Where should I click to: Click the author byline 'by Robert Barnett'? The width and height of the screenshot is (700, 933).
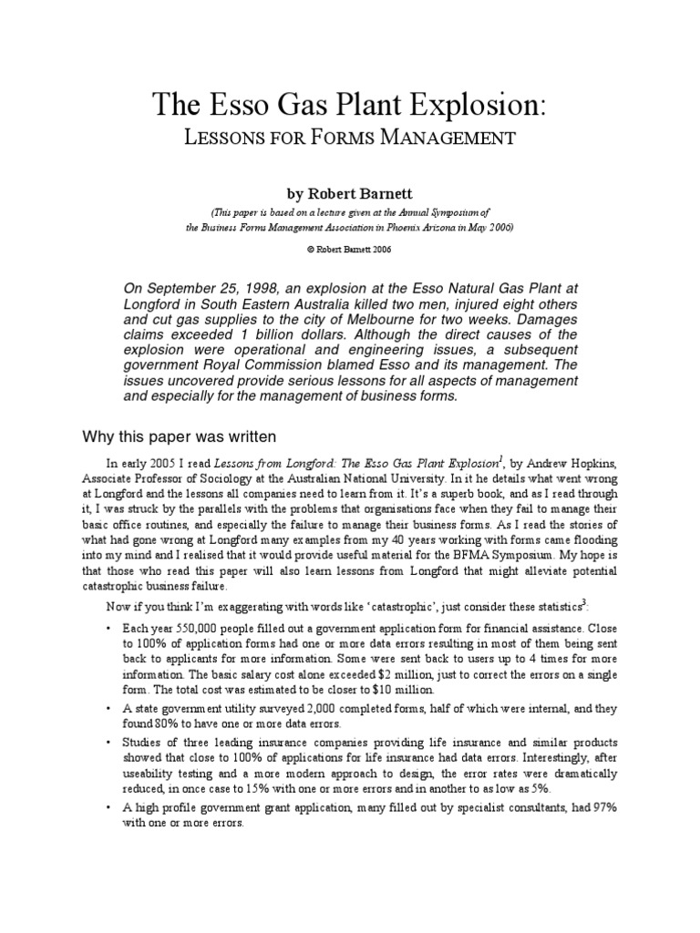click(350, 194)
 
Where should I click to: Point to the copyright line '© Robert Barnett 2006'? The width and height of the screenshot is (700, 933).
click(350, 248)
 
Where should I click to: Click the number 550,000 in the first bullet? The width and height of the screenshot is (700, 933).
click(192, 628)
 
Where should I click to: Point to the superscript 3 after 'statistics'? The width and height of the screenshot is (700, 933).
click(571, 600)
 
